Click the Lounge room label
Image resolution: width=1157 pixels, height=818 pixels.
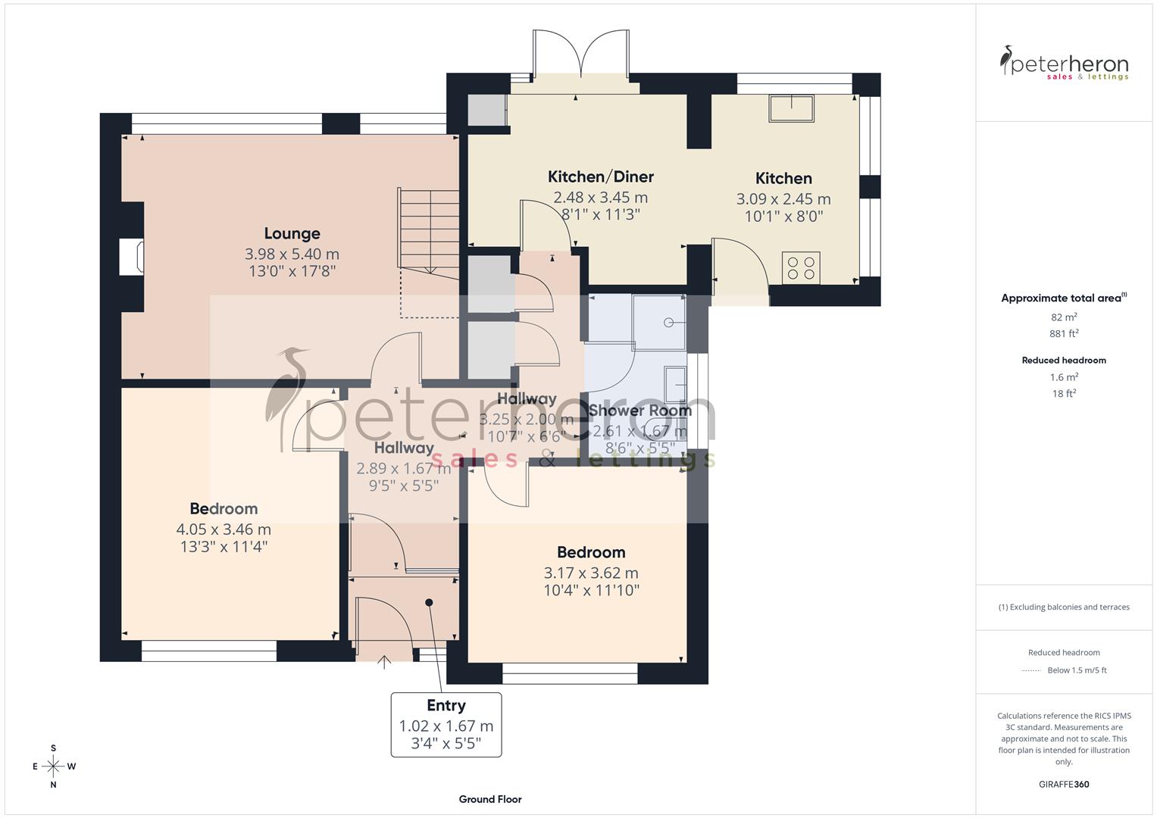[292, 233]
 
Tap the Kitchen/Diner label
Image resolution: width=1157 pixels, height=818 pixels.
[600, 176]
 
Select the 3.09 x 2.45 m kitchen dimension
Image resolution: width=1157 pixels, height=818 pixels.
[783, 199]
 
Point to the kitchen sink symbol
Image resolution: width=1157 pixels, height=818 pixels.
[792, 108]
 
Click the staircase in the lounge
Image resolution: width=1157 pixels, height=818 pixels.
[428, 230]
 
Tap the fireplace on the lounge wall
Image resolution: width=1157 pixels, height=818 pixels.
[132, 257]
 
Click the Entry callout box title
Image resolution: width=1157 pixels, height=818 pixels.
[446, 705]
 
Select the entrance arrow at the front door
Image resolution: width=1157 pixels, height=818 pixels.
[384, 662]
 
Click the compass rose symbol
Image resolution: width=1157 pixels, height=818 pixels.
[53, 766]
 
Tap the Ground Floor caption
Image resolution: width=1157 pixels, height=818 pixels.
[489, 799]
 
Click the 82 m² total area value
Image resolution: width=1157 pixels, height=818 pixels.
[1064, 317]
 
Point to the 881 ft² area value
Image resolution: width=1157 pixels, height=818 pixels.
[1064, 333]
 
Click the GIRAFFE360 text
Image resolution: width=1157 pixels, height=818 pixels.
[1064, 784]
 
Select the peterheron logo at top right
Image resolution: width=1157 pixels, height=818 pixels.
[1064, 64]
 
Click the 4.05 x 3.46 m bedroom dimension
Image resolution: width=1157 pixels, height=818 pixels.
[224, 529]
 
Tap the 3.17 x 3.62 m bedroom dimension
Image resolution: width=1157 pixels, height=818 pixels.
[591, 573]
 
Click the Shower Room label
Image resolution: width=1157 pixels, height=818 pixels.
[640, 411]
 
